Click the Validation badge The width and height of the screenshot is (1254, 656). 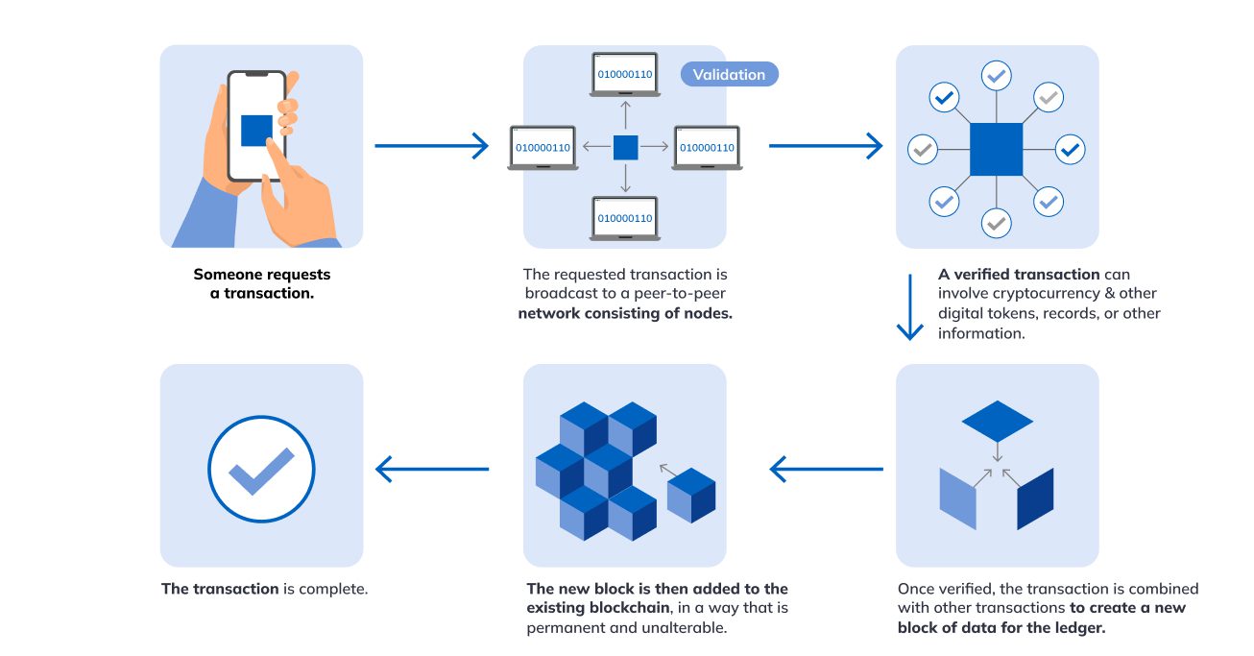point(729,74)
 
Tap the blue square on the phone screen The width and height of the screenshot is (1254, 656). point(256,131)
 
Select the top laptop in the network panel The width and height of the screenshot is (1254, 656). point(625,75)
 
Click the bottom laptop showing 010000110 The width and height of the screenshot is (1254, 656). point(625,219)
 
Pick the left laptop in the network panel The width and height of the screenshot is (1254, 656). point(543,149)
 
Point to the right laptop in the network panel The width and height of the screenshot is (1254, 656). point(707,149)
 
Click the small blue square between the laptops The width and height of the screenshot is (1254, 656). point(625,148)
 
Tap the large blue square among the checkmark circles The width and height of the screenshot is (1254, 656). point(996,149)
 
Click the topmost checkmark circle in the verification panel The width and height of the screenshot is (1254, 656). point(997,75)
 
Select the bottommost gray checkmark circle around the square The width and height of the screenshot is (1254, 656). point(997,223)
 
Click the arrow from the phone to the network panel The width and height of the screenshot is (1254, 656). point(431,146)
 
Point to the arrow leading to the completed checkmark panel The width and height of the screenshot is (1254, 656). point(432,470)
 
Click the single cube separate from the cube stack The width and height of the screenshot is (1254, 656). point(691,495)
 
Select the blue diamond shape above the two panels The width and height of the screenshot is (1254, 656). point(997,421)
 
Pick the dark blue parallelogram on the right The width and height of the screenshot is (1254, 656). point(1035,498)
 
